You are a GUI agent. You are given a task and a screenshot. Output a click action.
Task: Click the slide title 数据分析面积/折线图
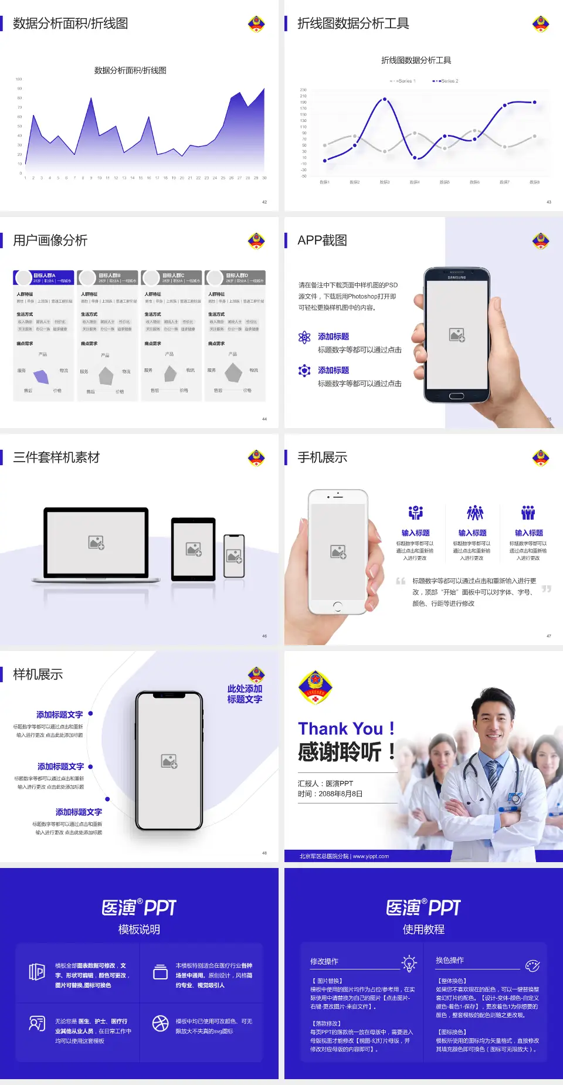coord(70,23)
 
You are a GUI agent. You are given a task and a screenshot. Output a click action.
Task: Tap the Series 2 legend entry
coord(446,81)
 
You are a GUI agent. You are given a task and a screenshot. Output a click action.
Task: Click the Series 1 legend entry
coord(403,81)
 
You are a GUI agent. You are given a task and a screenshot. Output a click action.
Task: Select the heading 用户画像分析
coord(50,240)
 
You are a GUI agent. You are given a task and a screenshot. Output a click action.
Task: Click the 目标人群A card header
coord(44,277)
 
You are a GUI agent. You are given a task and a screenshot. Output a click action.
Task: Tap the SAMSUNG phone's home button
coord(456,396)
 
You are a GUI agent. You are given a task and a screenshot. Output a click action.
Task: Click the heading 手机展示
coord(323,457)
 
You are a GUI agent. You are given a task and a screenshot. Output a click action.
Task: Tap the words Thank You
coord(340,729)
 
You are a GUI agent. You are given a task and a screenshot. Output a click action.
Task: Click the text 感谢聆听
coord(340,752)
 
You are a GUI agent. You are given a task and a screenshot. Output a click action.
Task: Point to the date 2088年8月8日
coord(341,794)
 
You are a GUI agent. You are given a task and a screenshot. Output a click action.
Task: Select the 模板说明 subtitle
coord(139,930)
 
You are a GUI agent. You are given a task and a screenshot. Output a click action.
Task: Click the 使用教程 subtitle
coord(423,930)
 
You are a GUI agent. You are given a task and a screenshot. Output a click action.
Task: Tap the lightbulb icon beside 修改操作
coord(409,962)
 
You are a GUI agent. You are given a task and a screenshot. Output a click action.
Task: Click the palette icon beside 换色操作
coord(533,965)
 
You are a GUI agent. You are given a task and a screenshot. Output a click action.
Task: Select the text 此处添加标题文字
coord(245,694)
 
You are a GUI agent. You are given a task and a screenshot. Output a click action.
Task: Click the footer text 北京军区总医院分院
coord(324,856)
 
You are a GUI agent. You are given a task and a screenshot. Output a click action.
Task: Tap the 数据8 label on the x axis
coord(534,182)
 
